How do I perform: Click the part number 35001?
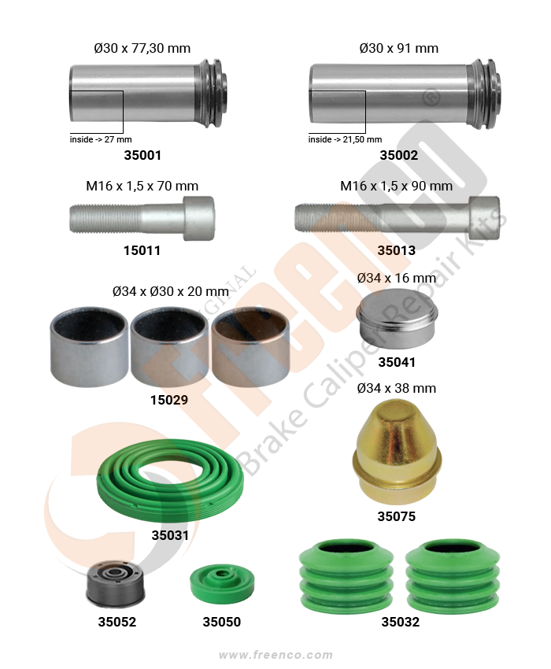[x=142, y=155]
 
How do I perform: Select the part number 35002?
[x=398, y=155]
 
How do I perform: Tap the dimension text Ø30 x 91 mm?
[x=398, y=48]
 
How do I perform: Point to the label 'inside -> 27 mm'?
[x=101, y=139]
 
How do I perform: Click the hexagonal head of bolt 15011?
[x=198, y=218]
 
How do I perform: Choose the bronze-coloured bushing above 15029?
[x=250, y=346]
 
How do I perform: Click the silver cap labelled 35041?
[x=397, y=318]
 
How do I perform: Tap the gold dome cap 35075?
[x=397, y=452]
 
